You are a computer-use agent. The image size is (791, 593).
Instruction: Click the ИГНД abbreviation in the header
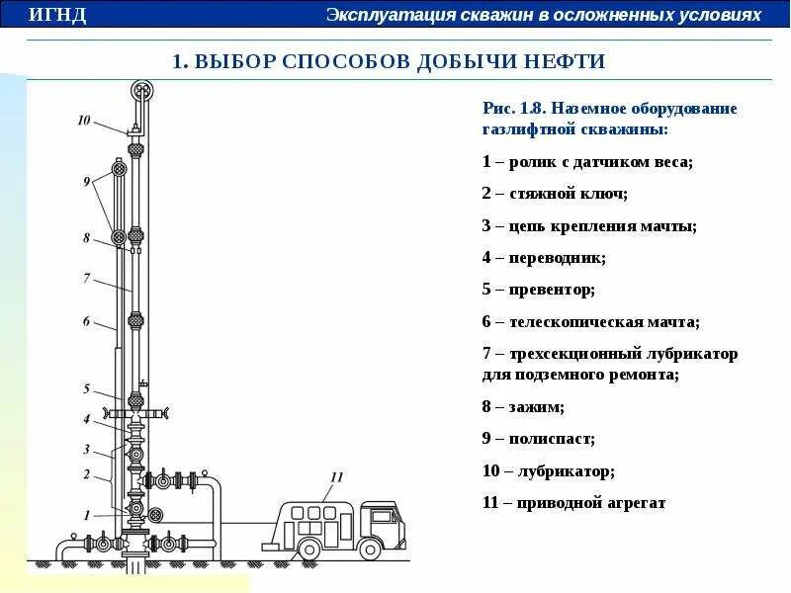[x=57, y=16]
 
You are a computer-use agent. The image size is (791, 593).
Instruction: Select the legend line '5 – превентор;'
[x=538, y=290]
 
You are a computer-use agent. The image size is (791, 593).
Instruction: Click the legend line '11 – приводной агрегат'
[x=573, y=503]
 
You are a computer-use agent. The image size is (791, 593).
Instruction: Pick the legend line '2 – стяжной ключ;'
[x=555, y=194]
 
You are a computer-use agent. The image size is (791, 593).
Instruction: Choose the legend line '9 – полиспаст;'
[x=538, y=438]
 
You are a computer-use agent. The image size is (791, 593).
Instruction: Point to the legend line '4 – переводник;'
[x=544, y=257]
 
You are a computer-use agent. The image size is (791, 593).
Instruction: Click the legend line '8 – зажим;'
[x=523, y=406]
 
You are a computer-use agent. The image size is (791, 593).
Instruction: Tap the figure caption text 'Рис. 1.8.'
[x=515, y=108]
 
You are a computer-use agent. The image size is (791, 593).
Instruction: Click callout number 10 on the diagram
[x=83, y=121]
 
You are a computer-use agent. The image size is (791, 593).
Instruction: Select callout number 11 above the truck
[x=336, y=477]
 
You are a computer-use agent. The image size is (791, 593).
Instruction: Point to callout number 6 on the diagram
[x=86, y=321]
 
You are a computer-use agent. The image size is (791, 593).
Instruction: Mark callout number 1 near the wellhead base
[x=87, y=515]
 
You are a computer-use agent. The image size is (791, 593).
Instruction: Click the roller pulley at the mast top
[x=142, y=91]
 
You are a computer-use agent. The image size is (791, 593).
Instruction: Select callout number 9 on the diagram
[x=87, y=181]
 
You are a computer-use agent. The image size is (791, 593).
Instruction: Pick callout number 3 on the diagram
[x=86, y=449]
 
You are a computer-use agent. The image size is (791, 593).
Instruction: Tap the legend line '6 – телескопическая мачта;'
[x=590, y=321]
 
